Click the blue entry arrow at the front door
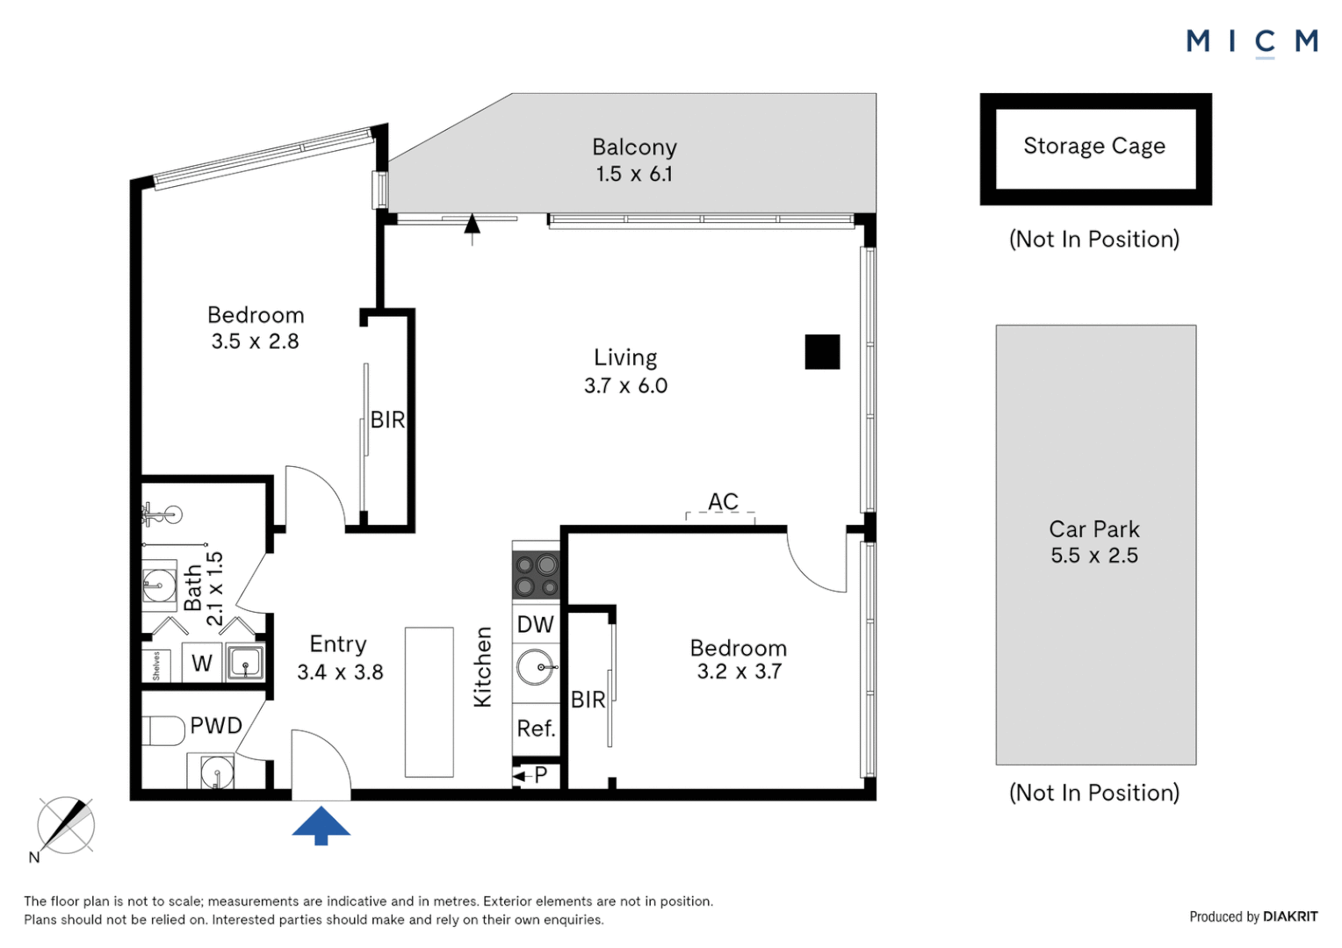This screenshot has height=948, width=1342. (321, 825)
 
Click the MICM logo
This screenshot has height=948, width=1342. (1252, 41)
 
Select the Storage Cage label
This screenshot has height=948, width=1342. (1094, 146)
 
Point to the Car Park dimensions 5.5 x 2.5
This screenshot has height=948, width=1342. (1094, 556)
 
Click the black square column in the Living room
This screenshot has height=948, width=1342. (822, 352)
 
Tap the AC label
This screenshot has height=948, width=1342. (723, 501)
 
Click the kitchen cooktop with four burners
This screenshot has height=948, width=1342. (536, 575)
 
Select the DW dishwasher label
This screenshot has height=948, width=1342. (535, 625)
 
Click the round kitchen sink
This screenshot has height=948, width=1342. (535, 667)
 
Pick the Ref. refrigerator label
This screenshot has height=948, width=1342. (536, 729)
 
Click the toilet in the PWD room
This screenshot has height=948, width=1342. (162, 729)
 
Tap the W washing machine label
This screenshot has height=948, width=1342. (202, 664)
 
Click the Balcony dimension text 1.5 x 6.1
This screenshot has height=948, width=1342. (634, 174)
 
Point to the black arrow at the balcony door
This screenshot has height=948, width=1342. (473, 226)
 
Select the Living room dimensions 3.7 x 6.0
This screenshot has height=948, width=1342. (625, 386)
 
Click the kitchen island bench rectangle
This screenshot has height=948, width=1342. (429, 702)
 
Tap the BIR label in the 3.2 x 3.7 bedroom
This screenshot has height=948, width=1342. (588, 700)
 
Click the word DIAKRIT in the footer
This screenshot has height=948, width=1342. (1290, 916)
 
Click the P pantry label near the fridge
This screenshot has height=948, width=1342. (540, 775)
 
